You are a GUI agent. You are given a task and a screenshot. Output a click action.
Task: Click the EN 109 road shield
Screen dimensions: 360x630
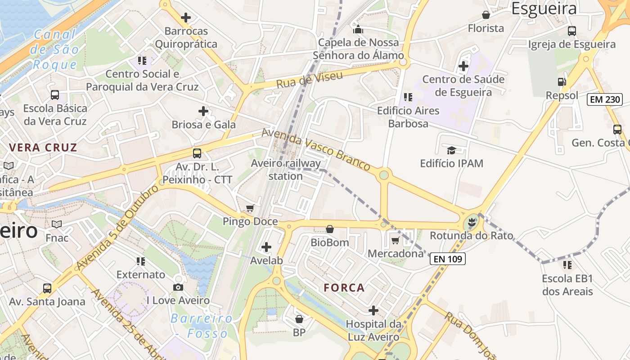[x=447, y=259]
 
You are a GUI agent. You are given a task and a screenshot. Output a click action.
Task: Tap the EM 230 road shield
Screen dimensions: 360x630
[x=605, y=99]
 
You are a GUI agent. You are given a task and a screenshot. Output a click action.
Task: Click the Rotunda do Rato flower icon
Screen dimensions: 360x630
[x=472, y=222]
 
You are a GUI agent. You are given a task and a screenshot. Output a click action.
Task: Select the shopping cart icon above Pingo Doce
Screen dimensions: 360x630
[x=250, y=208]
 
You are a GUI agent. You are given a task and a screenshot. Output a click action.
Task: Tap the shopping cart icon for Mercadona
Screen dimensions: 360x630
[x=396, y=241]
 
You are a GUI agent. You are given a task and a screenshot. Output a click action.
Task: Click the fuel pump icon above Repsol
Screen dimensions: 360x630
[x=562, y=82]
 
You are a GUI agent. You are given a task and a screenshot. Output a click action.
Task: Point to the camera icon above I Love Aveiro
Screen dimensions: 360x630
[x=178, y=288]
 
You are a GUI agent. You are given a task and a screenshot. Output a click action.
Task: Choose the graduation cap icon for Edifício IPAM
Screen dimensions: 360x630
[x=451, y=150]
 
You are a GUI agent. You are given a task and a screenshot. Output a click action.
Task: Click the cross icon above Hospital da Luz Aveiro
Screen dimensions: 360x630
[x=373, y=310]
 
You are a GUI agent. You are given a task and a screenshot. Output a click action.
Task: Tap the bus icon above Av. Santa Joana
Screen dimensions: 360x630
[x=47, y=288]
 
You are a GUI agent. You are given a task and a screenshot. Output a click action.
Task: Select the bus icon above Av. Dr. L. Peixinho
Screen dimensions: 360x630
[x=197, y=153]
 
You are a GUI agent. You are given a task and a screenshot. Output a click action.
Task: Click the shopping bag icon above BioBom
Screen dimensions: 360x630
[x=330, y=229]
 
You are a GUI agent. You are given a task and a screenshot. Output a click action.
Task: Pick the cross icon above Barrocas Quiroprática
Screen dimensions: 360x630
[x=186, y=18]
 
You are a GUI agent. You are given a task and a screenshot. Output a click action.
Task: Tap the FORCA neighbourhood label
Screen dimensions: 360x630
[x=344, y=288]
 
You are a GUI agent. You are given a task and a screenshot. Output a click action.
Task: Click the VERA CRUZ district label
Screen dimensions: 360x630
[x=43, y=148]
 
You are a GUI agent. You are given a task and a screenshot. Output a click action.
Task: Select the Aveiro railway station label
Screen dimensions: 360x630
[x=286, y=170]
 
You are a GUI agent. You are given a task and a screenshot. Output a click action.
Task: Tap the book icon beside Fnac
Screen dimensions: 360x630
[x=57, y=224]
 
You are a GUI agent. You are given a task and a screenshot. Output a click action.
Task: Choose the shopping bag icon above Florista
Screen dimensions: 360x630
[x=486, y=15]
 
